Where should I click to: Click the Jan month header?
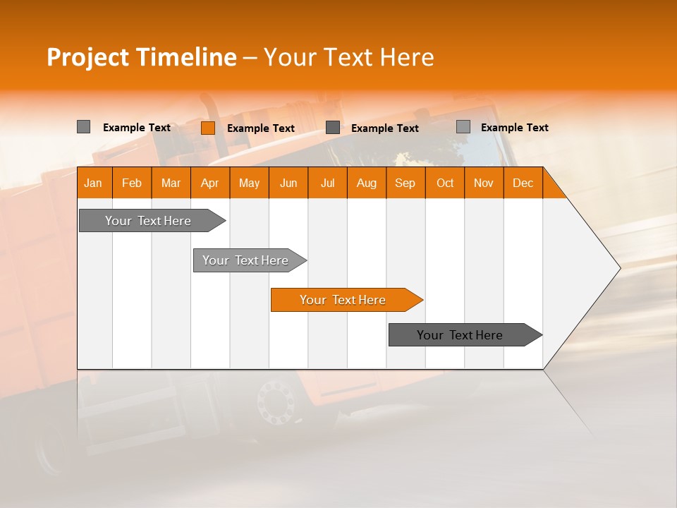click(93, 183)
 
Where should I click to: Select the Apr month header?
click(209, 183)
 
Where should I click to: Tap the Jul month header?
click(327, 183)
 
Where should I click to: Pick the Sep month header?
click(405, 183)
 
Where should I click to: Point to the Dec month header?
click(523, 183)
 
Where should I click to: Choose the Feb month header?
click(132, 183)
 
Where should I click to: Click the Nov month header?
click(483, 183)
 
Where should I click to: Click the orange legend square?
click(208, 128)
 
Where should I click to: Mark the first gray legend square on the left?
click(83, 127)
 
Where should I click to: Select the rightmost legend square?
click(463, 127)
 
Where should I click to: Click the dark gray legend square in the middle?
click(333, 127)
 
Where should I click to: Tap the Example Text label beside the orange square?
click(260, 128)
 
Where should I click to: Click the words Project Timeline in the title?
click(141, 57)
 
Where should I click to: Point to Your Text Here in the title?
click(348, 57)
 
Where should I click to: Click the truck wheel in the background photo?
click(276, 403)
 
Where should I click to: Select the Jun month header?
click(288, 183)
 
